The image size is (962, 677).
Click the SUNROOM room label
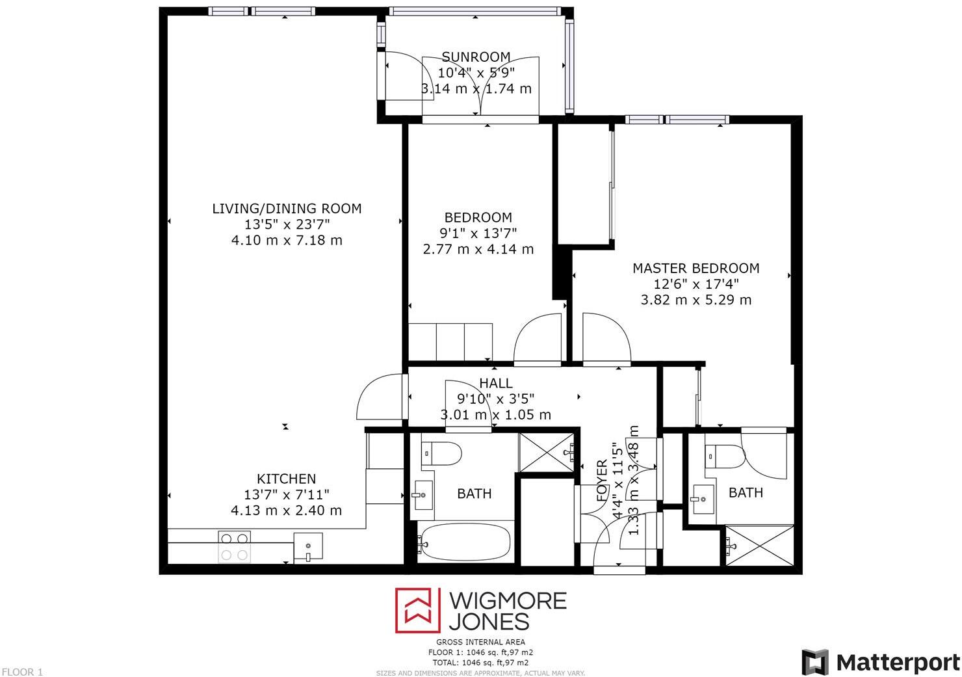[476, 57]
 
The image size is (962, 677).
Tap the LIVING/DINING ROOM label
[287, 209]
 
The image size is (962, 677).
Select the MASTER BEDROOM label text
[695, 268]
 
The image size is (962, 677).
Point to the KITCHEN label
[286, 479]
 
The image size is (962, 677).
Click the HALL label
[496, 383]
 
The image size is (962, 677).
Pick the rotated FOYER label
[602, 481]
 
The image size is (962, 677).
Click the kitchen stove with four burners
[234, 546]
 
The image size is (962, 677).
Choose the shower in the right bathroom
[760, 547]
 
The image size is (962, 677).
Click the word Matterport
[898, 662]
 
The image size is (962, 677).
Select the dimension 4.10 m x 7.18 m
[287, 240]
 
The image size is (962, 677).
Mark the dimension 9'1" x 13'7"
[478, 233]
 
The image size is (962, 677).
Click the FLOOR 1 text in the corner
[22, 672]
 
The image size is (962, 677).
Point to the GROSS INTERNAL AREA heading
[481, 642]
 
